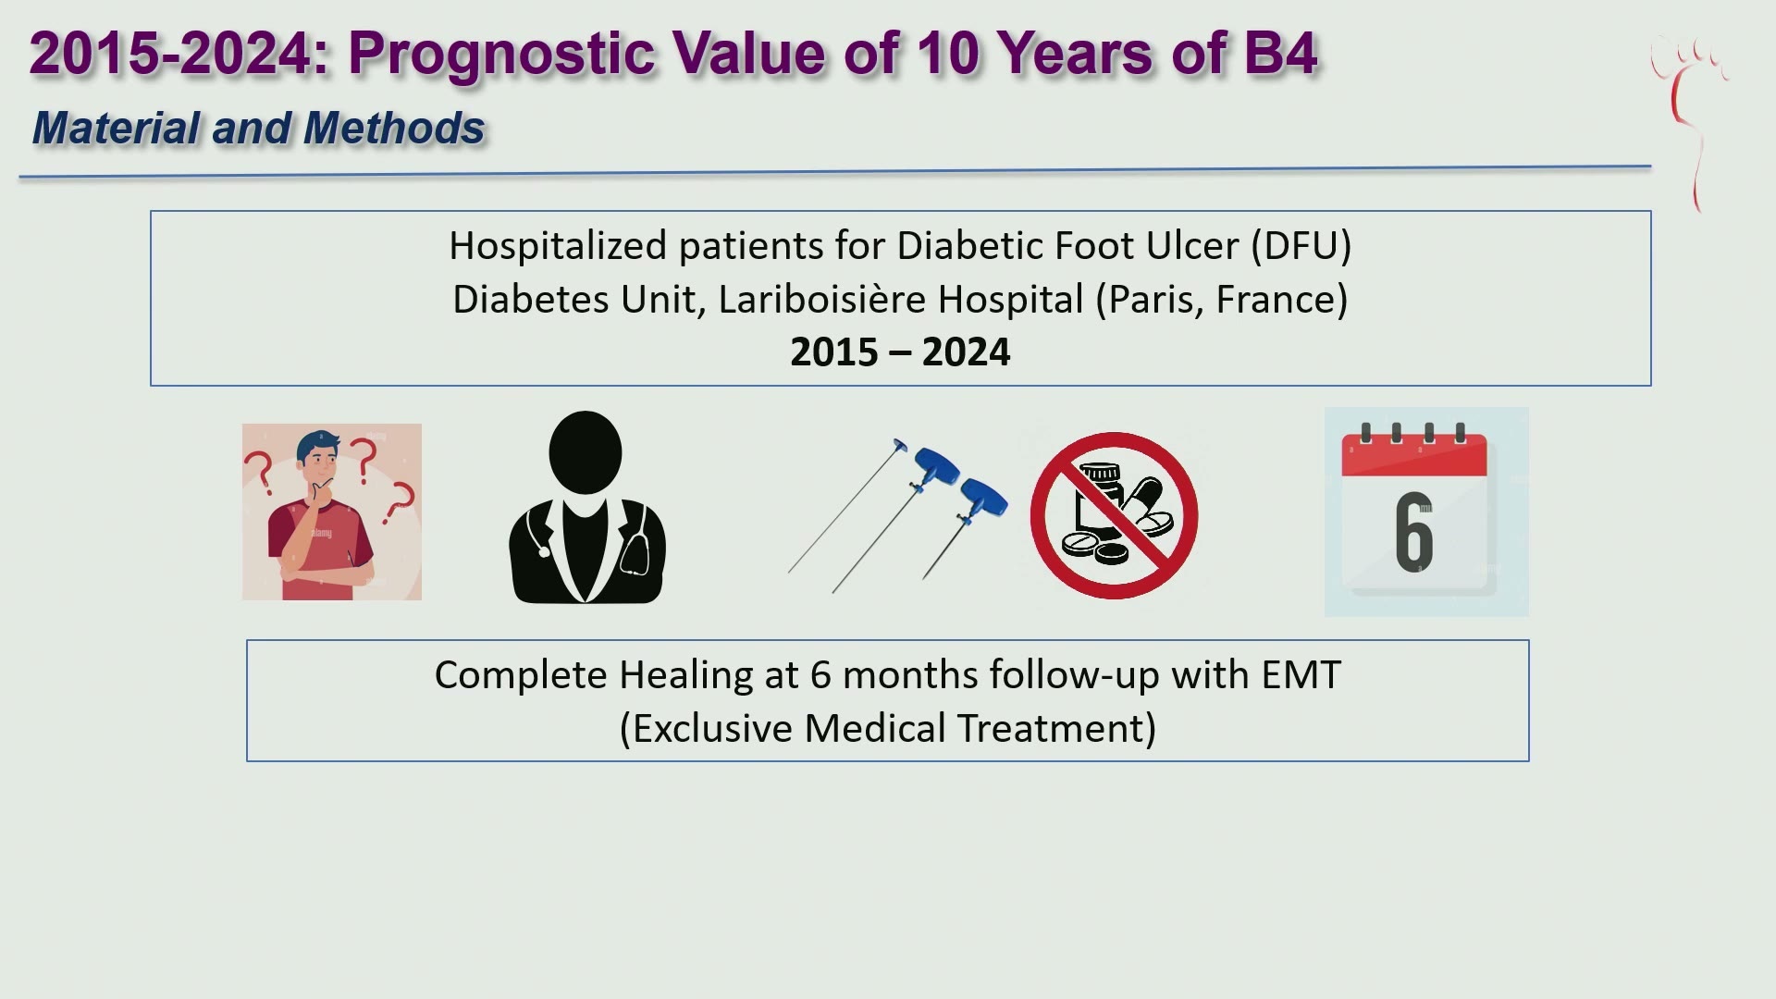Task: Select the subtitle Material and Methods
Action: [x=258, y=128]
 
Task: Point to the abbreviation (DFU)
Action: [x=1301, y=246]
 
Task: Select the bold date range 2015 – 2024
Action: [x=900, y=352]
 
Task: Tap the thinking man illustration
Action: [x=332, y=512]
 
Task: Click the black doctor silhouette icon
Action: [x=587, y=508]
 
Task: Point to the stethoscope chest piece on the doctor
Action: [x=543, y=552]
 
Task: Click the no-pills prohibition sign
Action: [x=1114, y=515]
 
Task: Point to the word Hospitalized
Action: [x=559, y=246]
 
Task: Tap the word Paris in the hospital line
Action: [x=1150, y=300]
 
